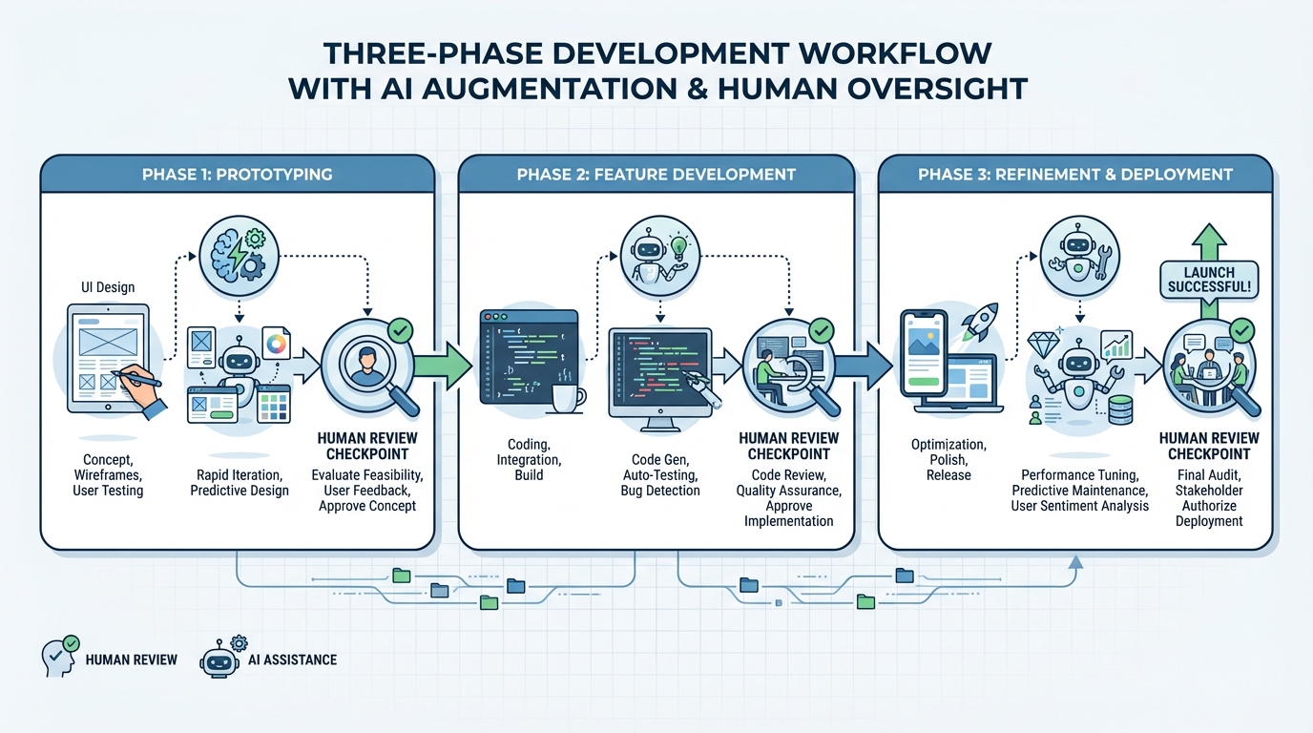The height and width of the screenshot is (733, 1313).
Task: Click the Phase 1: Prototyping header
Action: [237, 174]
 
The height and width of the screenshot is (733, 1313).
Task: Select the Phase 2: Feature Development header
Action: [656, 174]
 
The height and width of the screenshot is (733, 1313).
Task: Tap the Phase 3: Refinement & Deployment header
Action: [1074, 174]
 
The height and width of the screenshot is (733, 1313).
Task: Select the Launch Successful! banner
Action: [1209, 280]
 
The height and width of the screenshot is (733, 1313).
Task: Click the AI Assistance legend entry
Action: [268, 659]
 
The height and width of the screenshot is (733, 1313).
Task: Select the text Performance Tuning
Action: [1079, 474]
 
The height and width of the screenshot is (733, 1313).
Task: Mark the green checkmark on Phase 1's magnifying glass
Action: [399, 332]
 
